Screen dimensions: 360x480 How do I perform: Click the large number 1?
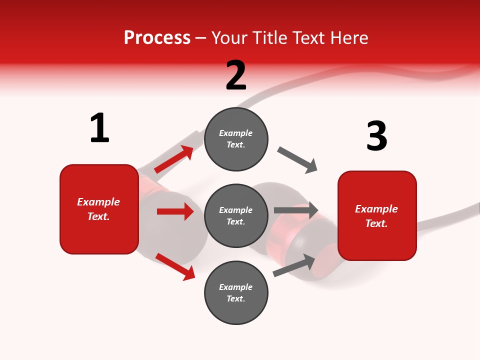(99, 128)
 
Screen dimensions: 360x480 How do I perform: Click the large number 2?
(236, 75)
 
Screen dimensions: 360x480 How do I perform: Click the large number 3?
(376, 136)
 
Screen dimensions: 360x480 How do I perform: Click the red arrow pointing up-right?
(174, 159)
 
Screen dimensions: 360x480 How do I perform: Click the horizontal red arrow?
(175, 211)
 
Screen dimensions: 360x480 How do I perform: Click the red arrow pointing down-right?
(175, 266)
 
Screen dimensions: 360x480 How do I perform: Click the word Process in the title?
(157, 37)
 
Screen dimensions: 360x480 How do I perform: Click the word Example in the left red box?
(98, 202)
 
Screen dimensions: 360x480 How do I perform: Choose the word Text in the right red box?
(375, 223)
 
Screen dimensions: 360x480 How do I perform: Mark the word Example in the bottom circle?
(236, 287)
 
